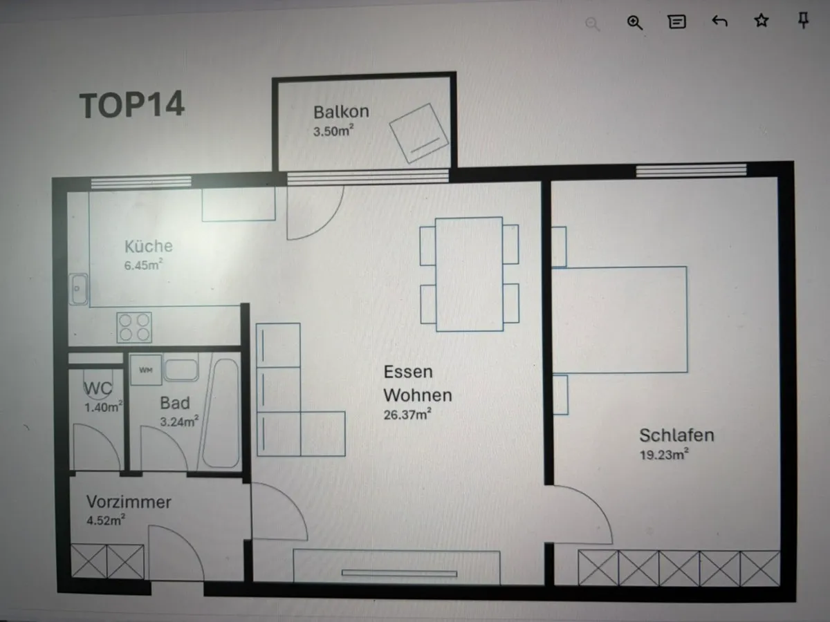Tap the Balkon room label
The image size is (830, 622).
pyautogui.click(x=341, y=112)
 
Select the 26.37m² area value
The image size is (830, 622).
pyautogui.click(x=407, y=414)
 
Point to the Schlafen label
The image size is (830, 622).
pyautogui.click(x=676, y=435)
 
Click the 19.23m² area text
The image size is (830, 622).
pyautogui.click(x=663, y=454)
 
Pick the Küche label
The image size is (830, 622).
pyautogui.click(x=149, y=246)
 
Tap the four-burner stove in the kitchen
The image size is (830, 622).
pyautogui.click(x=134, y=328)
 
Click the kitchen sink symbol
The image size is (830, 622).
pyautogui.click(x=78, y=290)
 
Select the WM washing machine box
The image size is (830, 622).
pyautogui.click(x=145, y=370)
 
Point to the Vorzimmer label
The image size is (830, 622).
pyautogui.click(x=129, y=502)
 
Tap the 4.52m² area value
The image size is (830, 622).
pyautogui.click(x=106, y=520)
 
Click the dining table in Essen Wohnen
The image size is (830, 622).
pyautogui.click(x=469, y=274)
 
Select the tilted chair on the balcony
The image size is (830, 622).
pyautogui.click(x=419, y=133)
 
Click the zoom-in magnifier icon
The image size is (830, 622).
pyautogui.click(x=634, y=23)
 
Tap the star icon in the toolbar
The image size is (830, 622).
pyautogui.click(x=762, y=21)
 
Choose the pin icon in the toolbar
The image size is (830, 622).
pyautogui.click(x=803, y=20)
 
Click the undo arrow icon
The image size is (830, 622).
pyautogui.click(x=719, y=21)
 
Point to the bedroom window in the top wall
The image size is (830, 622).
pyautogui.click(x=691, y=170)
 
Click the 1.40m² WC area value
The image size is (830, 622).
pyautogui.click(x=103, y=407)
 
